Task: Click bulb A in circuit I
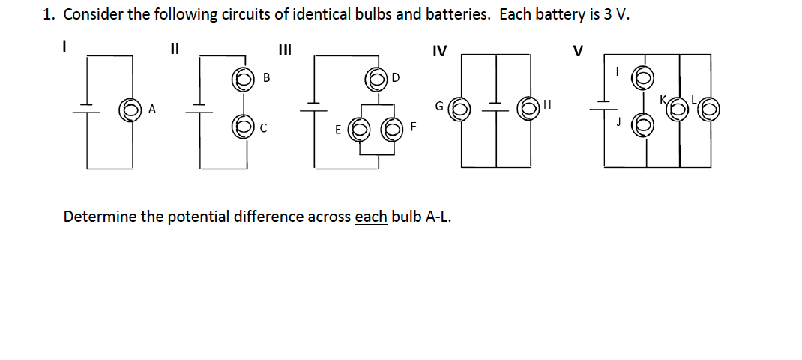(130, 111)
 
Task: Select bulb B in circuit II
(242, 78)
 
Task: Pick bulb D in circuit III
(376, 78)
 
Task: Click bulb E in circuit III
(358, 128)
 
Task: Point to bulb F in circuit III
(392, 128)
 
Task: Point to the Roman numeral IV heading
(440, 51)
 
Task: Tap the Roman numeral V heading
(577, 51)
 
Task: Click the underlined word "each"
(370, 217)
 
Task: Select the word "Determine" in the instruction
(100, 217)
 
